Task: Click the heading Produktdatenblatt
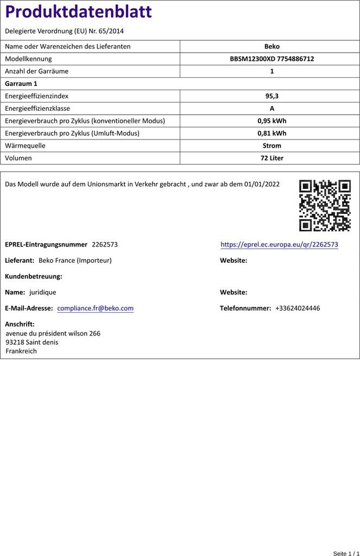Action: click(x=78, y=12)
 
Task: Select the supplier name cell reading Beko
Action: click(x=271, y=47)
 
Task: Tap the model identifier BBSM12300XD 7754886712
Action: click(x=271, y=59)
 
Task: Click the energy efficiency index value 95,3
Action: click(x=271, y=96)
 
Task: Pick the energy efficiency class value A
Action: click(x=271, y=109)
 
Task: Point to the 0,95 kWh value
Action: click(x=271, y=121)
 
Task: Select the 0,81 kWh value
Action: click(x=271, y=134)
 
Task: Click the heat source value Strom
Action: click(x=271, y=146)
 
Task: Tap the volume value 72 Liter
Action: click(x=271, y=159)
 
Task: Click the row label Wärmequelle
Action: click(x=25, y=146)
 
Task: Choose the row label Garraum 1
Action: click(x=21, y=84)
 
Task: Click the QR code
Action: click(x=325, y=206)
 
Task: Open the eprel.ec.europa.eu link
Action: click(x=279, y=245)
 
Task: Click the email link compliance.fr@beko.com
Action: click(x=95, y=308)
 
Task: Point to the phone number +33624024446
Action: click(x=298, y=308)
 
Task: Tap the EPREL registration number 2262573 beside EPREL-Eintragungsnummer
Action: click(x=105, y=245)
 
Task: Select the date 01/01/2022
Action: click(x=262, y=185)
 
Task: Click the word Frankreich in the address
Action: click(x=21, y=351)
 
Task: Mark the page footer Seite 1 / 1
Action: click(x=346, y=553)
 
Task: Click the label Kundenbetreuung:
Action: click(x=34, y=276)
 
